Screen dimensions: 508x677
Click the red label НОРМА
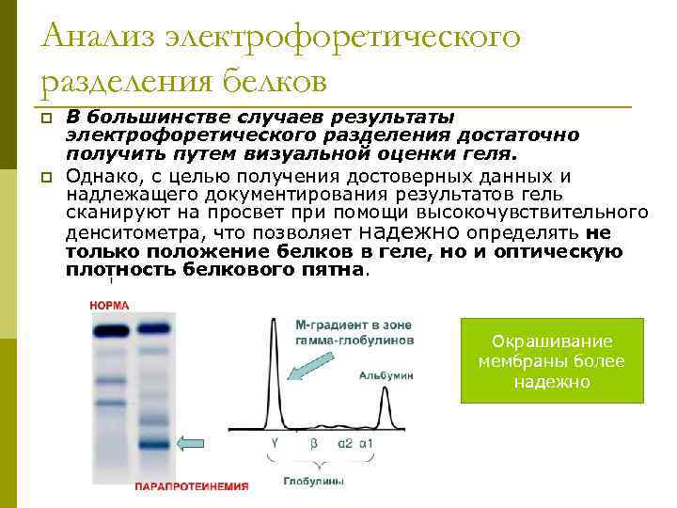click(x=109, y=306)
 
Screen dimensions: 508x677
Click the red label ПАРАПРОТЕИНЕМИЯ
click(x=192, y=486)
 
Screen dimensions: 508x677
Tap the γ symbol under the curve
click(x=275, y=442)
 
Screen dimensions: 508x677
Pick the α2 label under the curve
click(x=345, y=442)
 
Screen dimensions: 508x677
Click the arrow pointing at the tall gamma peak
click(x=308, y=363)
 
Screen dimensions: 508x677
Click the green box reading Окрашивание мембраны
click(x=551, y=361)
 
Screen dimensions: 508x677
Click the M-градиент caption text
click(x=354, y=330)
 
